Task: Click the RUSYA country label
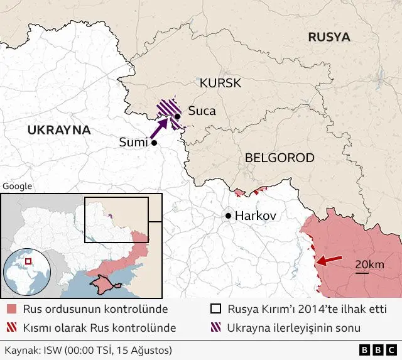329,37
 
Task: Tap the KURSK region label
220,84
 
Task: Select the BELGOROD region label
279,158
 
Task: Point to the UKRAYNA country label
59,130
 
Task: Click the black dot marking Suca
178,116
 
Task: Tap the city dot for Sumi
153,143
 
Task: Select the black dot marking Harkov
228,216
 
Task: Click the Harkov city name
256,216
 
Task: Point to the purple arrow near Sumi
160,128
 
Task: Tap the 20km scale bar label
369,265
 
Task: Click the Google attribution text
17,186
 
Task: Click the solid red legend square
11,309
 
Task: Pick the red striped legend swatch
11,328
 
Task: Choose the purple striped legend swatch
215,328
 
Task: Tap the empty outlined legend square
215,309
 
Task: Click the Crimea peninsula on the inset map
100,286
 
